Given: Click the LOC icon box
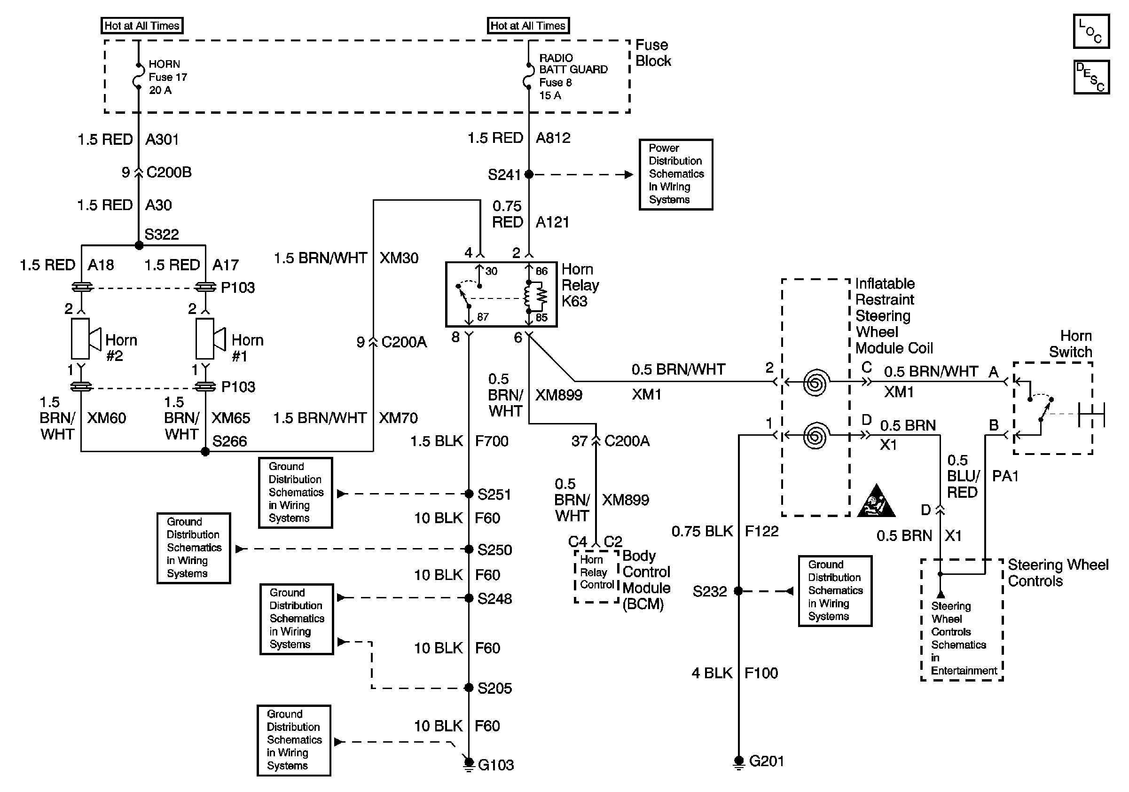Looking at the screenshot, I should click(1090, 31).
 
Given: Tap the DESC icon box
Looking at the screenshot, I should click(1091, 77).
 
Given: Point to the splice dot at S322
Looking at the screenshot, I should click(139, 245).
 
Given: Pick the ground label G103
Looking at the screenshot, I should click(496, 765).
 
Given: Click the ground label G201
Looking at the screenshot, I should click(766, 761).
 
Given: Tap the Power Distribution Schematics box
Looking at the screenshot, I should click(675, 174).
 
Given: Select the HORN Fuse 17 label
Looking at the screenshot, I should click(168, 77).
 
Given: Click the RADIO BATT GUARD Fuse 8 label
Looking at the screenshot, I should click(573, 77).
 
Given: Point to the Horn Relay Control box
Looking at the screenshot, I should click(596, 576).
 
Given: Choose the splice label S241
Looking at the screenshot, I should click(503, 175).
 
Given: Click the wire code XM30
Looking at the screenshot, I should click(399, 258).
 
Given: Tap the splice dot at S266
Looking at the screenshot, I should click(205, 452).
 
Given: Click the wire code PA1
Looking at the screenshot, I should click(1005, 476).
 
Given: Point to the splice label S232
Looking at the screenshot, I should click(709, 591).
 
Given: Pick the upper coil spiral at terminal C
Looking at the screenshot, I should click(815, 383).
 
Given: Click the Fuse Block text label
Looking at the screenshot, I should click(653, 53).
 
